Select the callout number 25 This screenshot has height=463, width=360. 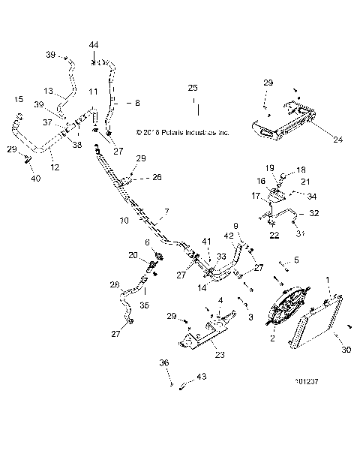[193, 89]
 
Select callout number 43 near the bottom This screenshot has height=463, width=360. [200, 377]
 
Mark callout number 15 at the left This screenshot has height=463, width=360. [19, 99]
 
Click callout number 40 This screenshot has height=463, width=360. [35, 179]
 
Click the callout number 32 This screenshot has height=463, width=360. [314, 213]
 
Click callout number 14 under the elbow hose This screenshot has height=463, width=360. [202, 287]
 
